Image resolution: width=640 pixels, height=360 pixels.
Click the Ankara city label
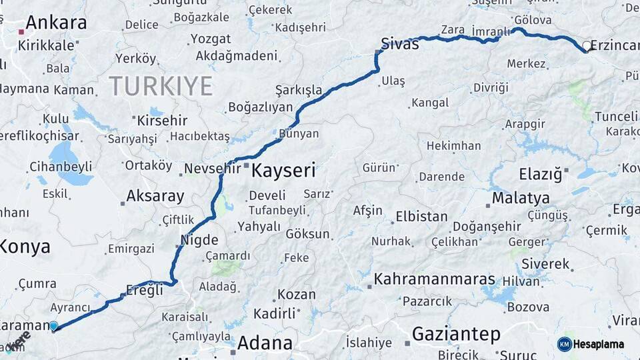[x=56, y=23]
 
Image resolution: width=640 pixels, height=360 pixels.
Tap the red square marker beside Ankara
[x=21, y=31]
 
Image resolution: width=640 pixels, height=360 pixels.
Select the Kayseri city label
[x=283, y=171]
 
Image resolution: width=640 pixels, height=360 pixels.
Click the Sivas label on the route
[x=400, y=44]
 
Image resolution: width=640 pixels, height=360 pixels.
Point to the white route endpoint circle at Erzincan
[x=587, y=46]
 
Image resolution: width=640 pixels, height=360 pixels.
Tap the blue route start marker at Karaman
[x=54, y=326]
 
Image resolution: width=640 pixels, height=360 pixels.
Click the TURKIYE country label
[x=161, y=86]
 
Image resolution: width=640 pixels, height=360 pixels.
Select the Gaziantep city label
[x=456, y=334]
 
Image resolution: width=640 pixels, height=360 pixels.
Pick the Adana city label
[x=265, y=343]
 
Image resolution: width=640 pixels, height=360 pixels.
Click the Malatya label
[x=521, y=198]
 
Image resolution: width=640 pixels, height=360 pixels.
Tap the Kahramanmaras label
[x=435, y=279]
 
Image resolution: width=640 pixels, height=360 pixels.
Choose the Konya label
[x=24, y=247]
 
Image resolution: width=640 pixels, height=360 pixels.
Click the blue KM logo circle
[x=565, y=344]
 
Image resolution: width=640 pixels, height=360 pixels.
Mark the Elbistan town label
[x=421, y=217]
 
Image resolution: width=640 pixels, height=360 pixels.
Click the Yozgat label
[x=211, y=39]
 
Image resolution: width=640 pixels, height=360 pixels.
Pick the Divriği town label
[x=491, y=87]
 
